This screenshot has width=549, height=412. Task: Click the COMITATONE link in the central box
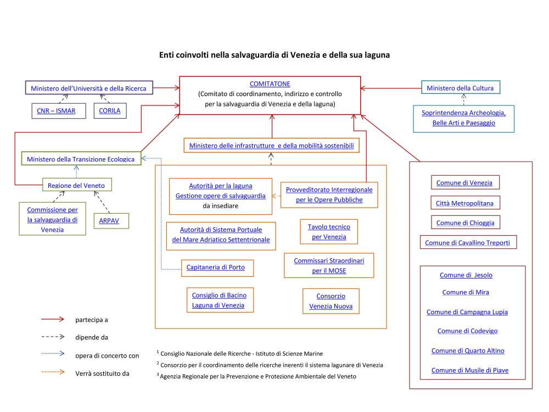pyautogui.click(x=270, y=83)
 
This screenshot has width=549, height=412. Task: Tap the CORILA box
pyautogui.click(x=110, y=111)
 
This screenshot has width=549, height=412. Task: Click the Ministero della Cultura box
pyautogui.click(x=460, y=88)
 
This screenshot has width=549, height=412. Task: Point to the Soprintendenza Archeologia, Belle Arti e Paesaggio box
pyautogui.click(x=463, y=118)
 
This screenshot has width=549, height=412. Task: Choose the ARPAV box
pyautogui.click(x=110, y=220)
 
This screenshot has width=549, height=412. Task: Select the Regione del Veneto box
pyautogui.click(x=76, y=185)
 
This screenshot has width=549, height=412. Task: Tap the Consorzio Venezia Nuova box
pyautogui.click(x=330, y=301)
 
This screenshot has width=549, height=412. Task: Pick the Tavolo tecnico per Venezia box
pyautogui.click(x=329, y=232)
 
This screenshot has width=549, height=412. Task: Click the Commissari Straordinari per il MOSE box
pyautogui.click(x=329, y=265)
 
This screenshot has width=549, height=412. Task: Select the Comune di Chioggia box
pyautogui.click(x=465, y=223)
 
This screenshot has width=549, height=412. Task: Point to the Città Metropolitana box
pyautogui.click(x=464, y=203)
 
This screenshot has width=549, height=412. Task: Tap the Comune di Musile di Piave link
pyautogui.click(x=470, y=370)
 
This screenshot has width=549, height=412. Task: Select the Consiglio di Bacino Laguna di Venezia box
pyautogui.click(x=216, y=300)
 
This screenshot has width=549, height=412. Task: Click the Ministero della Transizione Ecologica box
pyautogui.click(x=81, y=159)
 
